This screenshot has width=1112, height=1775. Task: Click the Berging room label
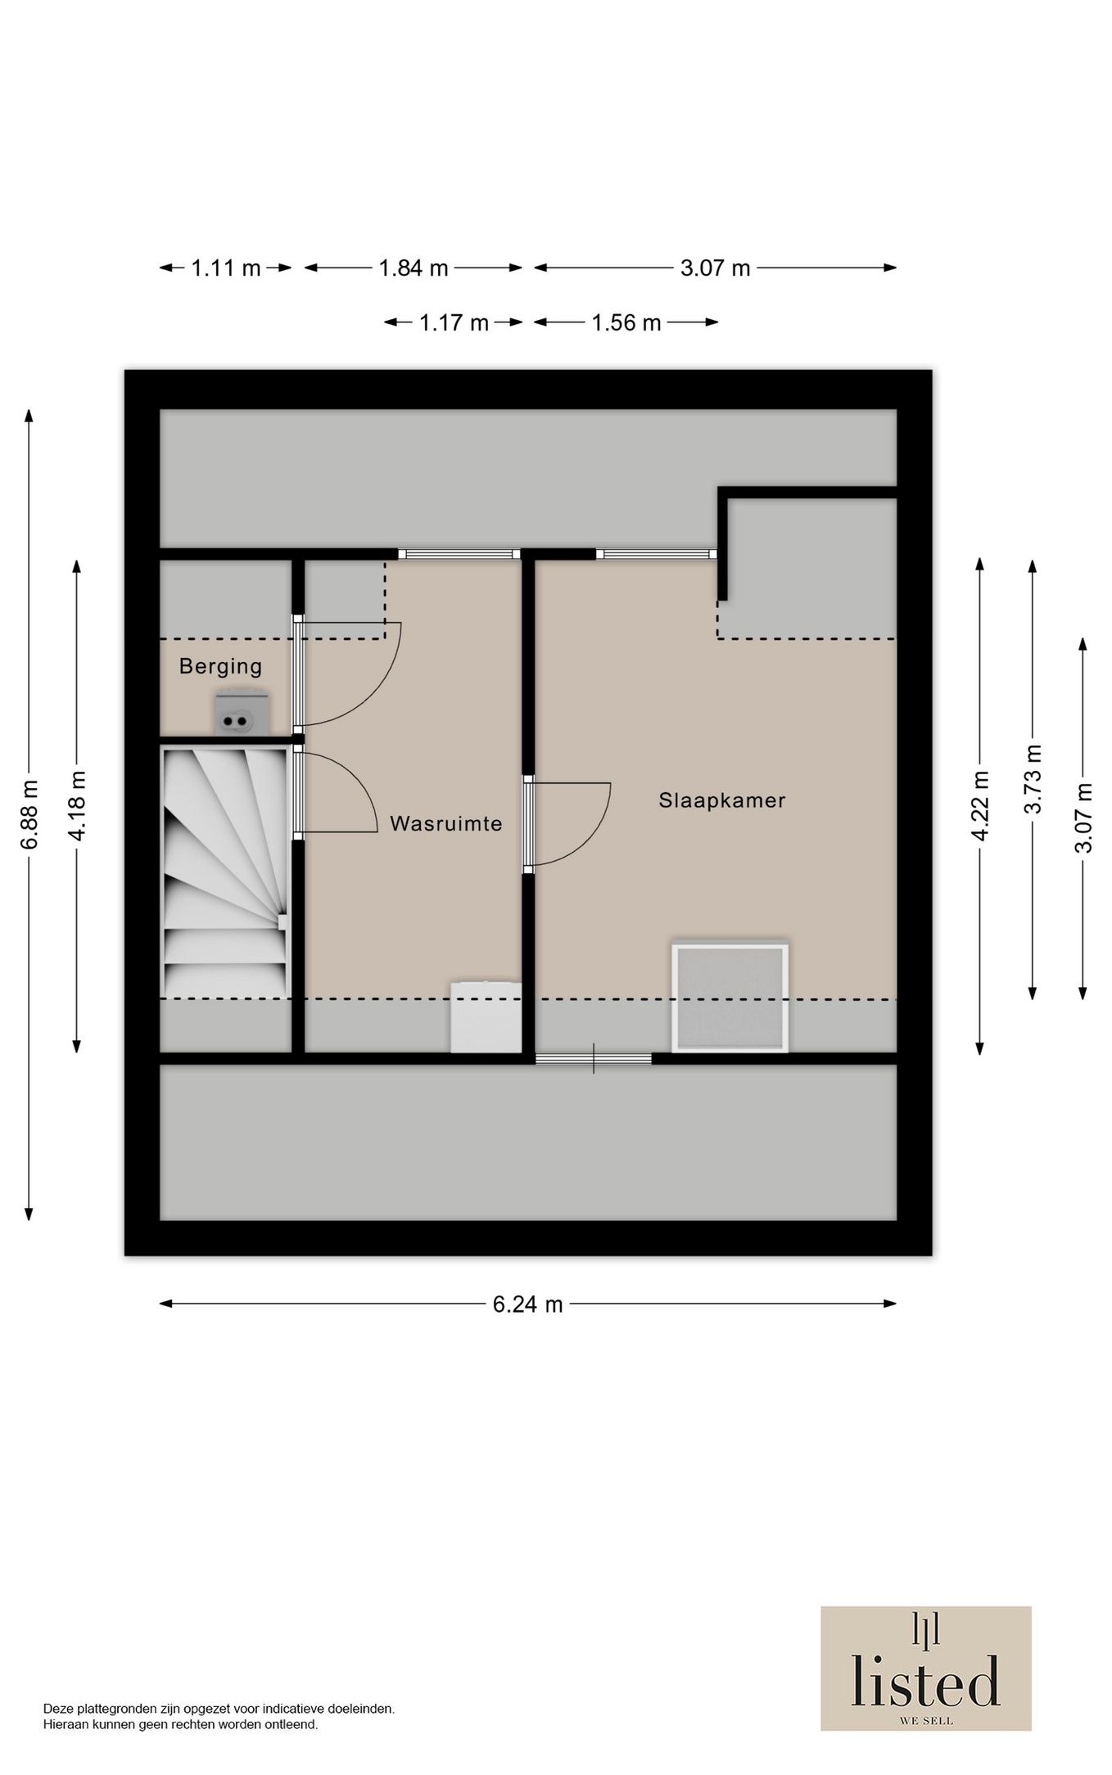pyautogui.click(x=220, y=667)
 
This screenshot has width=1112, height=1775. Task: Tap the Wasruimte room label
pyautogui.click(x=446, y=823)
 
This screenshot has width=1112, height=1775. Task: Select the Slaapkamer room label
pyautogui.click(x=722, y=800)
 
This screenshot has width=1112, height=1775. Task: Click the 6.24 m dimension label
pyautogui.click(x=527, y=1304)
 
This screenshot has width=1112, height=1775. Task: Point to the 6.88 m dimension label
pyautogui.click(x=29, y=815)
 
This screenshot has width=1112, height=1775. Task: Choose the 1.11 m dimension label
pyautogui.click(x=226, y=268)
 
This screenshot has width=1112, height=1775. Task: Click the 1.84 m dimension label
pyautogui.click(x=414, y=268)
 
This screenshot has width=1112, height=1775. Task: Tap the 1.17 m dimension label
pyautogui.click(x=454, y=322)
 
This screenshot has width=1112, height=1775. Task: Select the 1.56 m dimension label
pyautogui.click(x=626, y=322)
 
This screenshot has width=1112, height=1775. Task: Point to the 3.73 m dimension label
pyautogui.click(x=1033, y=779)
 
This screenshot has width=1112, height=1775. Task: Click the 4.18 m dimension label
pyautogui.click(x=77, y=805)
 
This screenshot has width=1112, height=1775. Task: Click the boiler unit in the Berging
pyautogui.click(x=241, y=714)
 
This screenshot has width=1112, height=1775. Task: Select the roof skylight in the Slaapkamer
pyautogui.click(x=730, y=998)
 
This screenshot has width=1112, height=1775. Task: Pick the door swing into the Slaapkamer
pyautogui.click(x=568, y=824)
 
